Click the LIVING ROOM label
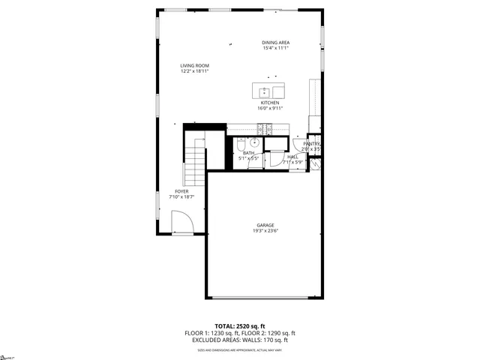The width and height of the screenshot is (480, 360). [x=193, y=65]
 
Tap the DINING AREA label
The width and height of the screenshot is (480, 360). [x=275, y=43]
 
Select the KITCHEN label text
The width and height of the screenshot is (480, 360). [x=270, y=103]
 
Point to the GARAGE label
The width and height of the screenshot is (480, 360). [x=265, y=225]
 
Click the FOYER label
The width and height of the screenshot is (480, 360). [x=181, y=191]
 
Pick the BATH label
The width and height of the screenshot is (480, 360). [x=248, y=153]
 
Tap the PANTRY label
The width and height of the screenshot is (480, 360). [x=312, y=144]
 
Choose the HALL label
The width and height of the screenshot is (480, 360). [x=292, y=157]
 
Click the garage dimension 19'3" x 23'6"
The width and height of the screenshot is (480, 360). [x=265, y=231]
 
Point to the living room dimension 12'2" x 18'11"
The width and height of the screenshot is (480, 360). [x=193, y=71]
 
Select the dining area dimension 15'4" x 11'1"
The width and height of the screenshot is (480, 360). [x=275, y=49]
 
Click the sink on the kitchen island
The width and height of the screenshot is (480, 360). [x=265, y=92]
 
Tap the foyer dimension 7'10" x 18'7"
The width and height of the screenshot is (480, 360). [x=181, y=197]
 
